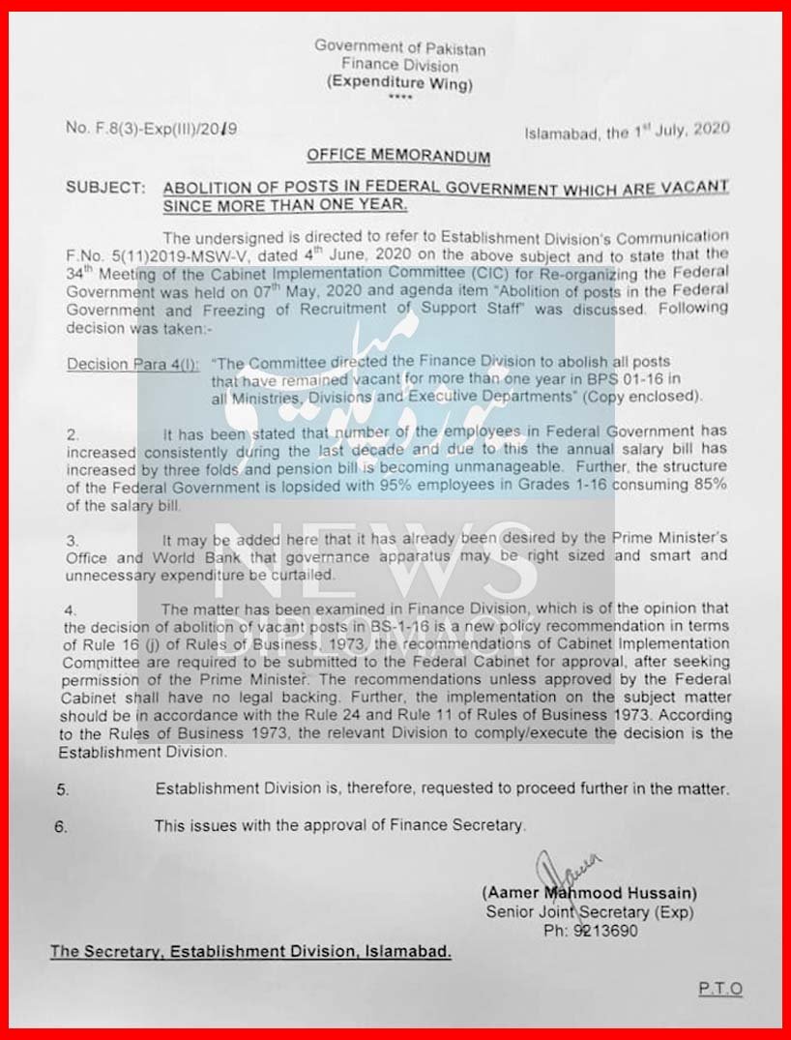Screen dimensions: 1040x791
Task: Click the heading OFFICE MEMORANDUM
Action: (x=397, y=155)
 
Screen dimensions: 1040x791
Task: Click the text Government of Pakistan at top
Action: (x=399, y=47)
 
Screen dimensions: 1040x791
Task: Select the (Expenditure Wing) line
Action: (x=399, y=83)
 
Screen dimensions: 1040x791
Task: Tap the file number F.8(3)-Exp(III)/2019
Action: (x=152, y=127)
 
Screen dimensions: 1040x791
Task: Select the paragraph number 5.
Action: (x=62, y=789)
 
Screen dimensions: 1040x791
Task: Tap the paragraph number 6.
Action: (x=62, y=826)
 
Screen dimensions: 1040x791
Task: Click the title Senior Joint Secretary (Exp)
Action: (x=589, y=911)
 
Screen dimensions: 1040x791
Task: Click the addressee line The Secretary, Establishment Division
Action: (x=250, y=951)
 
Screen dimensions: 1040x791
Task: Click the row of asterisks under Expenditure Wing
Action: (x=399, y=99)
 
